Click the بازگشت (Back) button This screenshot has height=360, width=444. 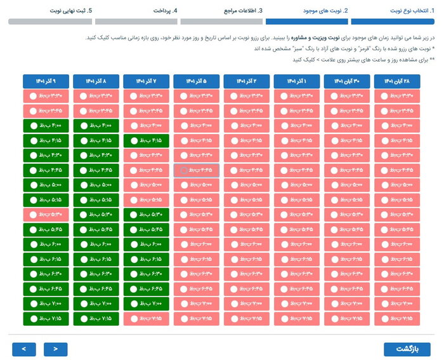[407, 349]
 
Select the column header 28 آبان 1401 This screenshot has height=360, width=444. [397, 81]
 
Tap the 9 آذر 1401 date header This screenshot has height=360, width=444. [46, 81]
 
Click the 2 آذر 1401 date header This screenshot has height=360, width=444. [247, 81]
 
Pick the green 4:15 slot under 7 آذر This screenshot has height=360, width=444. [146, 140]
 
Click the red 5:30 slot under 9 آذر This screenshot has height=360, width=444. [46, 215]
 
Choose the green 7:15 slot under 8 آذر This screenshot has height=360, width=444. [96, 318]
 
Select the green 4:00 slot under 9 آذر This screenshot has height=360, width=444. [46, 126]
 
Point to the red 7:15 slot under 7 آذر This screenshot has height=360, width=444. [146, 318]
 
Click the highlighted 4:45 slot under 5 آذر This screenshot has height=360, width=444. [197, 170]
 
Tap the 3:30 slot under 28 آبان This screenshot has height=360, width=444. [397, 96]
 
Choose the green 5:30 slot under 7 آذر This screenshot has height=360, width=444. [146, 215]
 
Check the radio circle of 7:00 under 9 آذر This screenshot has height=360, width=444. [32, 303]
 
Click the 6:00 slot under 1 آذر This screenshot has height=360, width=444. [297, 244]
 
